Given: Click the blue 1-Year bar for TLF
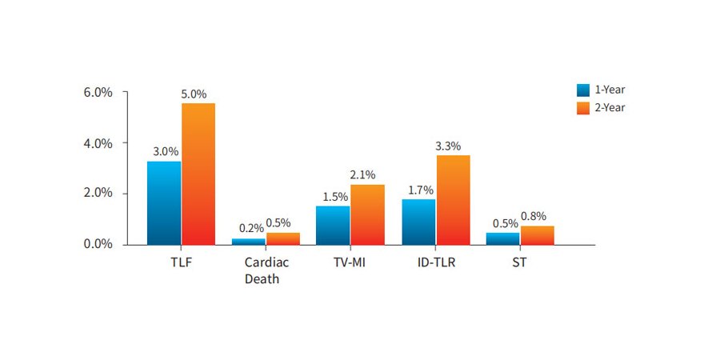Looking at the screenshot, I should tap(164, 202).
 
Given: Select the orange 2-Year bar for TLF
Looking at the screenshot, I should tap(198, 174).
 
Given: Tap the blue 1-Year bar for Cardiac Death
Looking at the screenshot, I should tap(249, 241).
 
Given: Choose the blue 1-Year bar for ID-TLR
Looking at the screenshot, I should tap(418, 222).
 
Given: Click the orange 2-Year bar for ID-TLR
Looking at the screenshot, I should tap(453, 200).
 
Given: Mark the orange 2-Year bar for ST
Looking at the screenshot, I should tap(537, 235).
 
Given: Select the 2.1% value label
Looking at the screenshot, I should tap(362, 174).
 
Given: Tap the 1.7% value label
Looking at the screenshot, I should tap(419, 190).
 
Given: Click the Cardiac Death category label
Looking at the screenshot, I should tap(266, 270).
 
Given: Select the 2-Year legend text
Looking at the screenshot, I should tap(610, 108).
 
